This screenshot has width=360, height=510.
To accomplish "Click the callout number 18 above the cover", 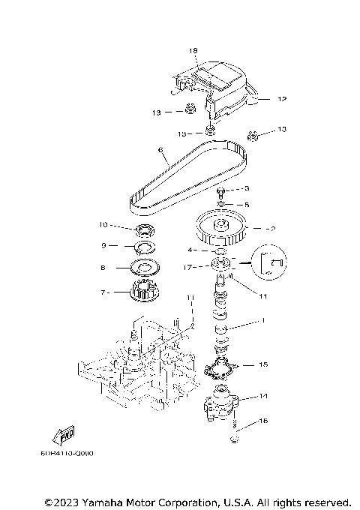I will tap(193, 51).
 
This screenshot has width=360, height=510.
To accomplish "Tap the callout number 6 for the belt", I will tap(160, 150).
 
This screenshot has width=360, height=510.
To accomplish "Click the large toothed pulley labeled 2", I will tap(220, 229).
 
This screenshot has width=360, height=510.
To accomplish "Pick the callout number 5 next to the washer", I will tap(247, 203).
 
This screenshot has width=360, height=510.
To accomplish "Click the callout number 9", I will tap(104, 245).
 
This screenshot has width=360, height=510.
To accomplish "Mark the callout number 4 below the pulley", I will tap(191, 250).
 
